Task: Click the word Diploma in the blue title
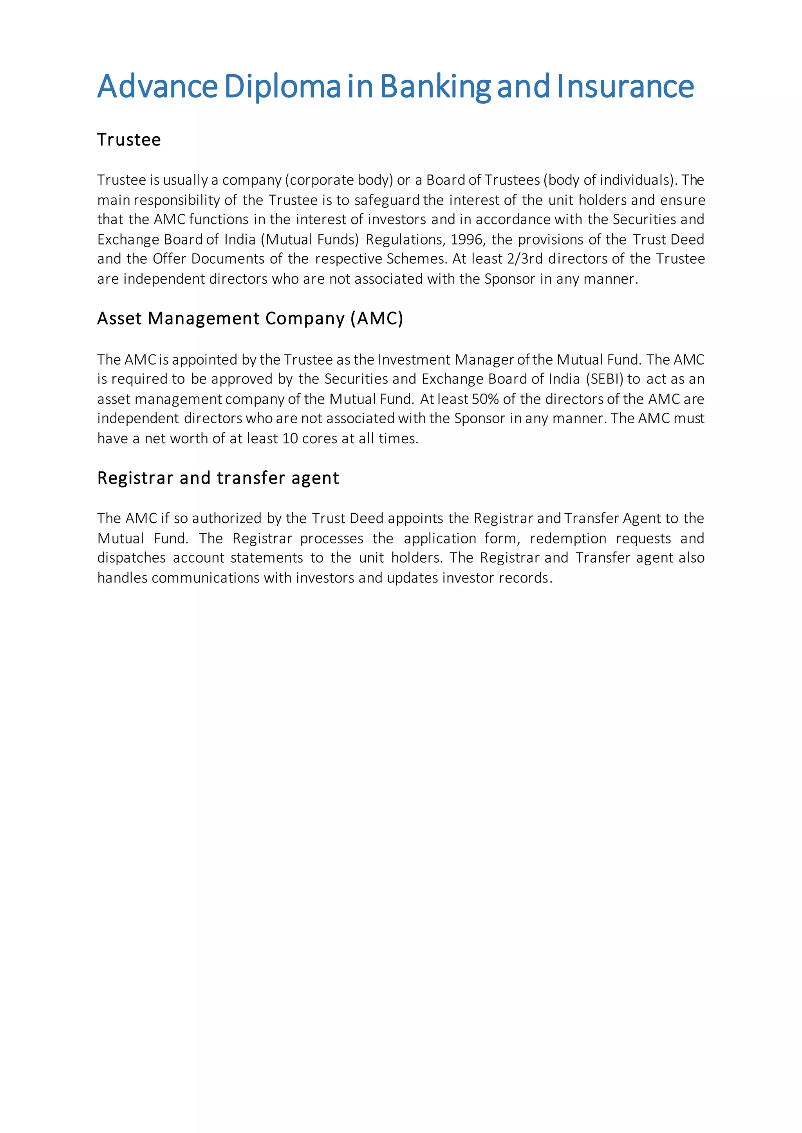point(282,86)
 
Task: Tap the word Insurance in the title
point(625,86)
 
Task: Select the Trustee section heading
point(129,140)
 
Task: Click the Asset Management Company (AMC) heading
point(250,319)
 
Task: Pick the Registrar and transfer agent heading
point(218,478)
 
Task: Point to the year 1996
point(467,240)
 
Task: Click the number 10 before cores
point(289,439)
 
